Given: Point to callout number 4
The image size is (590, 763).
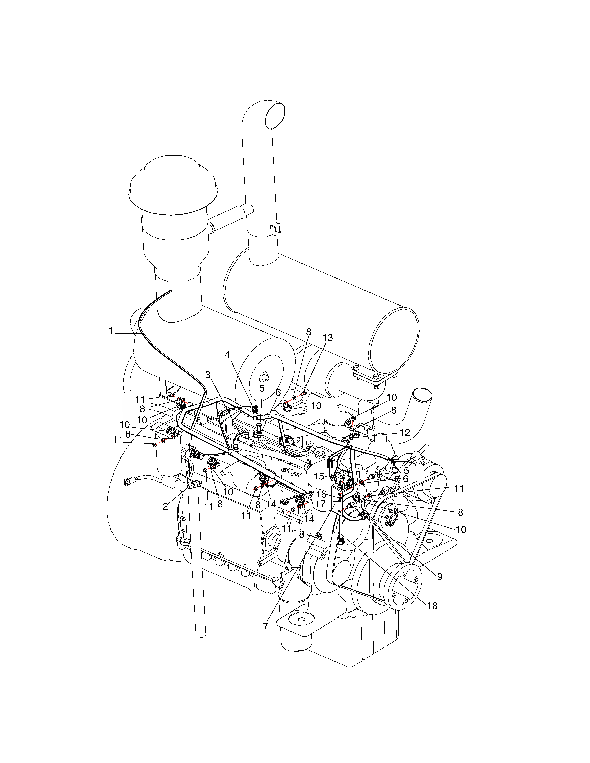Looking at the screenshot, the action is tap(227, 355).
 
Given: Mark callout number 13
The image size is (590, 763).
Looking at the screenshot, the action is tap(327, 338).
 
